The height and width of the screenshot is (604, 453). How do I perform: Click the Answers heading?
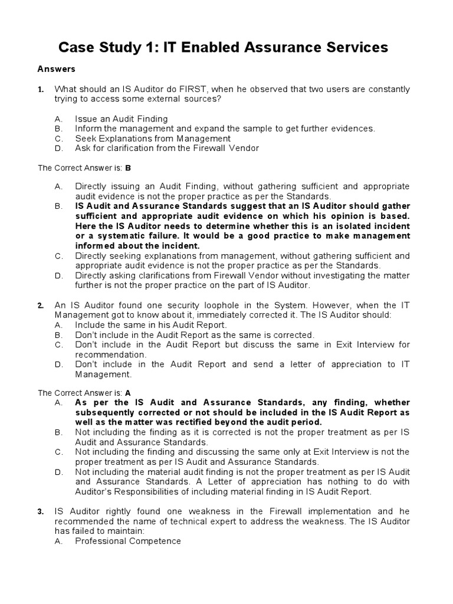point(57,69)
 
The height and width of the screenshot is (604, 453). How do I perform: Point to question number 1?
point(41,90)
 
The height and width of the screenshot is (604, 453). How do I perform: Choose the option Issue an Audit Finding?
point(121,119)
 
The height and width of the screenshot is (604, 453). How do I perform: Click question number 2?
point(41,306)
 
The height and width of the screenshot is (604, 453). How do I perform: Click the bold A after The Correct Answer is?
point(127,392)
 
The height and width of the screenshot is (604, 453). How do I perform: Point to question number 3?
point(41,511)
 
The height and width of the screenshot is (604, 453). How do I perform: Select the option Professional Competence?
point(127,541)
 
